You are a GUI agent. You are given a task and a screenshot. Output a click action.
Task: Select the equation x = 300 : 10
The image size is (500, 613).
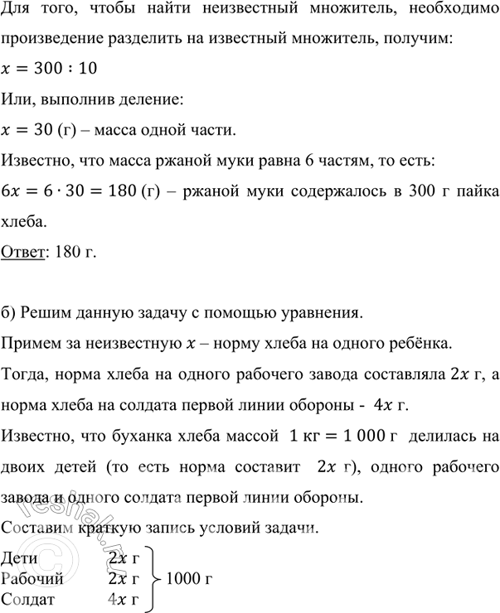click(x=50, y=73)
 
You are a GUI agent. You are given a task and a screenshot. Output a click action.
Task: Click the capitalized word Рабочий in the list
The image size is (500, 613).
click(x=32, y=577)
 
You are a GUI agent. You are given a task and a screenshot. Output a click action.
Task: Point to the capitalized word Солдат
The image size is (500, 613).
click(x=28, y=598)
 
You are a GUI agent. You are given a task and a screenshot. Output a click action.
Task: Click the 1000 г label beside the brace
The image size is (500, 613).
click(x=190, y=577)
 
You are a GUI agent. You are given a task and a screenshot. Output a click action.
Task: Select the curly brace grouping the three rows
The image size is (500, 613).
click(x=153, y=577)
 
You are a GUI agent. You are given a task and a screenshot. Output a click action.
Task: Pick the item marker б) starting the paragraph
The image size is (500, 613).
click(x=10, y=313)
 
